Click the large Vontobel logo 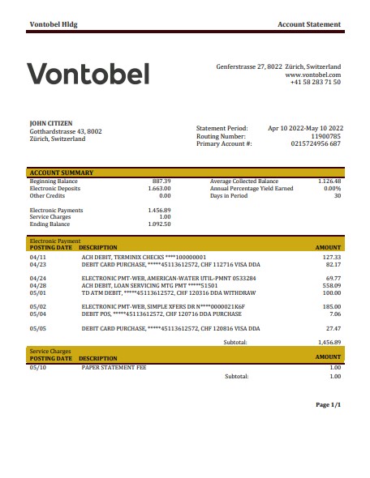click(89, 75)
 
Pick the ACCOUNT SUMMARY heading click(62, 173)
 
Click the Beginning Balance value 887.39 click(161, 181)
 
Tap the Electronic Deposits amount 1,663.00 click(159, 188)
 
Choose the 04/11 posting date click(38, 257)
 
